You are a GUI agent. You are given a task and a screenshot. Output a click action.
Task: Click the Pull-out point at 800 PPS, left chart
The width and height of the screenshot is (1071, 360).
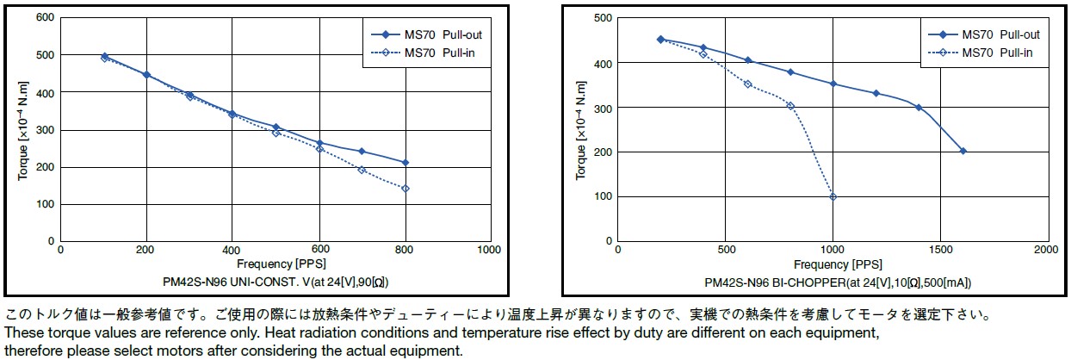click(405, 162)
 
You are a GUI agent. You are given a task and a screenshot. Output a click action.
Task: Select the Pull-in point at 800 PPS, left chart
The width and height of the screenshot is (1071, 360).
click(405, 189)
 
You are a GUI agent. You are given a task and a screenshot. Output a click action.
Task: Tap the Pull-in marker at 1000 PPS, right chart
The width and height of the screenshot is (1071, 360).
click(833, 196)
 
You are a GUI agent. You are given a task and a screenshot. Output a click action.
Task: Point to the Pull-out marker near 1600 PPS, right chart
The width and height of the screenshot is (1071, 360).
click(963, 151)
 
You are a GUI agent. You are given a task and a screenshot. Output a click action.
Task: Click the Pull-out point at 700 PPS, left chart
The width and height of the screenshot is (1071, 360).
click(362, 152)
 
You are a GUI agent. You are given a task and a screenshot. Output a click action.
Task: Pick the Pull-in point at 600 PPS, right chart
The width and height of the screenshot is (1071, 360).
click(747, 84)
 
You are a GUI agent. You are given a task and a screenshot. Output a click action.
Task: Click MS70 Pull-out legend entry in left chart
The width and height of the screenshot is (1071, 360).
click(435, 35)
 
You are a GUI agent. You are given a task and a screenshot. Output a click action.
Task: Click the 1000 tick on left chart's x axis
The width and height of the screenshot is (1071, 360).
click(489, 251)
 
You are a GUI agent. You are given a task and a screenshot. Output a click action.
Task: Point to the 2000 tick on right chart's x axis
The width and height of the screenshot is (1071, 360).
click(1047, 250)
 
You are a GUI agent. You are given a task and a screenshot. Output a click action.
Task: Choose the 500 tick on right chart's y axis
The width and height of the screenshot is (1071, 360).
click(603, 18)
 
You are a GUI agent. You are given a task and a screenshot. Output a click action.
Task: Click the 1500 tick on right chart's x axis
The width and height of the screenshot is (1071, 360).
click(940, 250)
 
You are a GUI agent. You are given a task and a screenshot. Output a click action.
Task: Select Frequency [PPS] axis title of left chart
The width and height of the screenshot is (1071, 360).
click(275, 264)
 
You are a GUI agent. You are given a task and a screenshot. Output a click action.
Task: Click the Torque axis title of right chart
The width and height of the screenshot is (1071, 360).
click(581, 129)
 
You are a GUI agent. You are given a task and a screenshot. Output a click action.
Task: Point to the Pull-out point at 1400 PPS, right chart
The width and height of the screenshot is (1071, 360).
click(919, 108)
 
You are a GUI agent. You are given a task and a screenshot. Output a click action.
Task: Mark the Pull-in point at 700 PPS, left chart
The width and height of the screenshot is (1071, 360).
click(362, 170)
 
